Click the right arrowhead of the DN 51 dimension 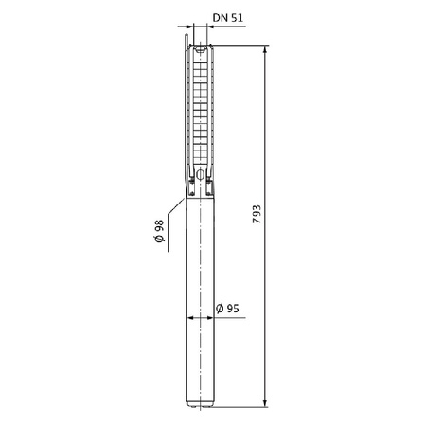[209, 27]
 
